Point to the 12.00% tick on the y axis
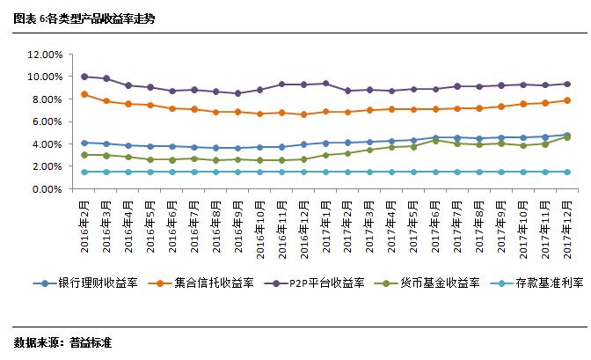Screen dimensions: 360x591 point(44,55)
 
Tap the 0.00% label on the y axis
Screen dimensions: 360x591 point(47,189)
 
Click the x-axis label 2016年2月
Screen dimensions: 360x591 point(85,226)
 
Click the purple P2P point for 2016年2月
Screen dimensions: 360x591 point(84,77)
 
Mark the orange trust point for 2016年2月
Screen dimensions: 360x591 point(84,94)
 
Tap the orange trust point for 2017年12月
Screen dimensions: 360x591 point(567,100)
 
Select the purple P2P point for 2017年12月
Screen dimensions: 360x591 point(567,84)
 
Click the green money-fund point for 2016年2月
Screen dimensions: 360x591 point(84,155)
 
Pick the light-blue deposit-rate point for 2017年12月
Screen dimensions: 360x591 point(567,172)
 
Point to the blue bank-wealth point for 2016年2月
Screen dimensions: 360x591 point(84,143)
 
